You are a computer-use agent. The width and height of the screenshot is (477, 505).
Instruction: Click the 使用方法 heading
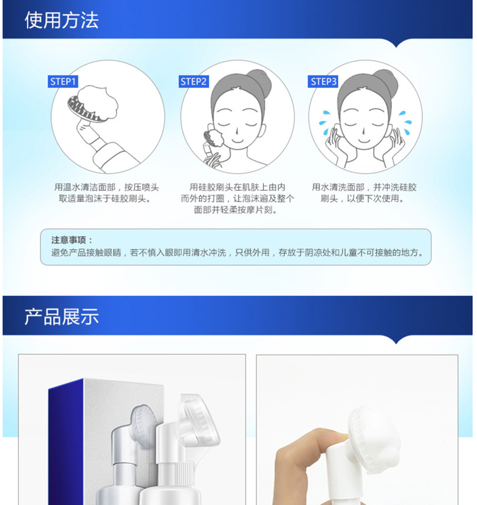[x=62, y=21]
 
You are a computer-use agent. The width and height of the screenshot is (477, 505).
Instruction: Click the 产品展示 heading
[x=62, y=316]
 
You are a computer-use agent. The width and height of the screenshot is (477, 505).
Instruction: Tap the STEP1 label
[x=63, y=81]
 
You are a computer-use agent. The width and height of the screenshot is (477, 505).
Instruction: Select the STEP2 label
[x=193, y=81]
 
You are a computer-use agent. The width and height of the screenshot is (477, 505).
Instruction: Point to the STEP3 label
[x=323, y=81]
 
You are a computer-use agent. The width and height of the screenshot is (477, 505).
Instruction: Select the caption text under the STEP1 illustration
[x=106, y=193]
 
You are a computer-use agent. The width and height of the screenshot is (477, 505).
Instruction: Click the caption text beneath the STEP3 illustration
[x=364, y=193]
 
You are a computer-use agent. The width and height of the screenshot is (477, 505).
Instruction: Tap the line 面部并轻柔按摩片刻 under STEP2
[x=235, y=210]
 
